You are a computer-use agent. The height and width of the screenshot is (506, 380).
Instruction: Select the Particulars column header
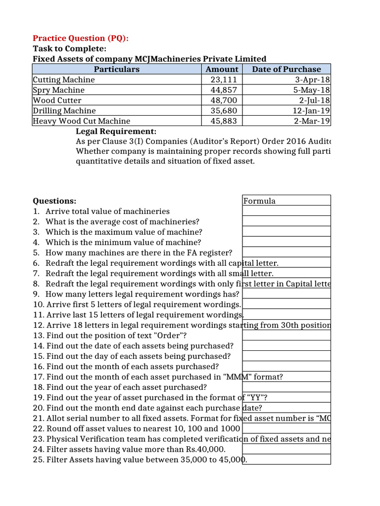pos(117,69)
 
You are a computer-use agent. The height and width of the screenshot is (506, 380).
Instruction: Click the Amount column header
pos(222,69)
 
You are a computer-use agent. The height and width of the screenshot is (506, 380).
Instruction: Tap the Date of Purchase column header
pos(286,69)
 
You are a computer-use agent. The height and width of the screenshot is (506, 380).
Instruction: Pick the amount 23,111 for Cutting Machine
pos(224,80)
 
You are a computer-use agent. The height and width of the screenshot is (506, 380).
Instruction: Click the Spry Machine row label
pos(58,90)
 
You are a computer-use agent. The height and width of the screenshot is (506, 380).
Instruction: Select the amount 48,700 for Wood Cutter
pos(224,100)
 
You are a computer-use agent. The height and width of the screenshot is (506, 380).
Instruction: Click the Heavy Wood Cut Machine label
pos(82,121)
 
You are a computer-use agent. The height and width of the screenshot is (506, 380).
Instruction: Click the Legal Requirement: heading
pos(116,131)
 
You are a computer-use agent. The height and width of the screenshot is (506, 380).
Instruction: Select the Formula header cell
pos(259,201)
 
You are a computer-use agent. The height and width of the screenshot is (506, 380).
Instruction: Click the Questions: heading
pos(54,201)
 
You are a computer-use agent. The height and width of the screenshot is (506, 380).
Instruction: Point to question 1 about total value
pos(101,211)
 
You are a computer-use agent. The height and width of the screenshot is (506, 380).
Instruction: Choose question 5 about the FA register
pos(132,253)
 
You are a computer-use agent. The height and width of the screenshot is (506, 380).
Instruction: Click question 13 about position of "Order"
pos(117,336)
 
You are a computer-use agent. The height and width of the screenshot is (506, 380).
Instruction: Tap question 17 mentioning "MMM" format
pos(158,377)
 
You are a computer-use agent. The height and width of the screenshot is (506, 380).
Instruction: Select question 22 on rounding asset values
pos(137,428)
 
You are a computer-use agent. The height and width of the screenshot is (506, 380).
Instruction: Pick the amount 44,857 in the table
pos(224,90)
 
